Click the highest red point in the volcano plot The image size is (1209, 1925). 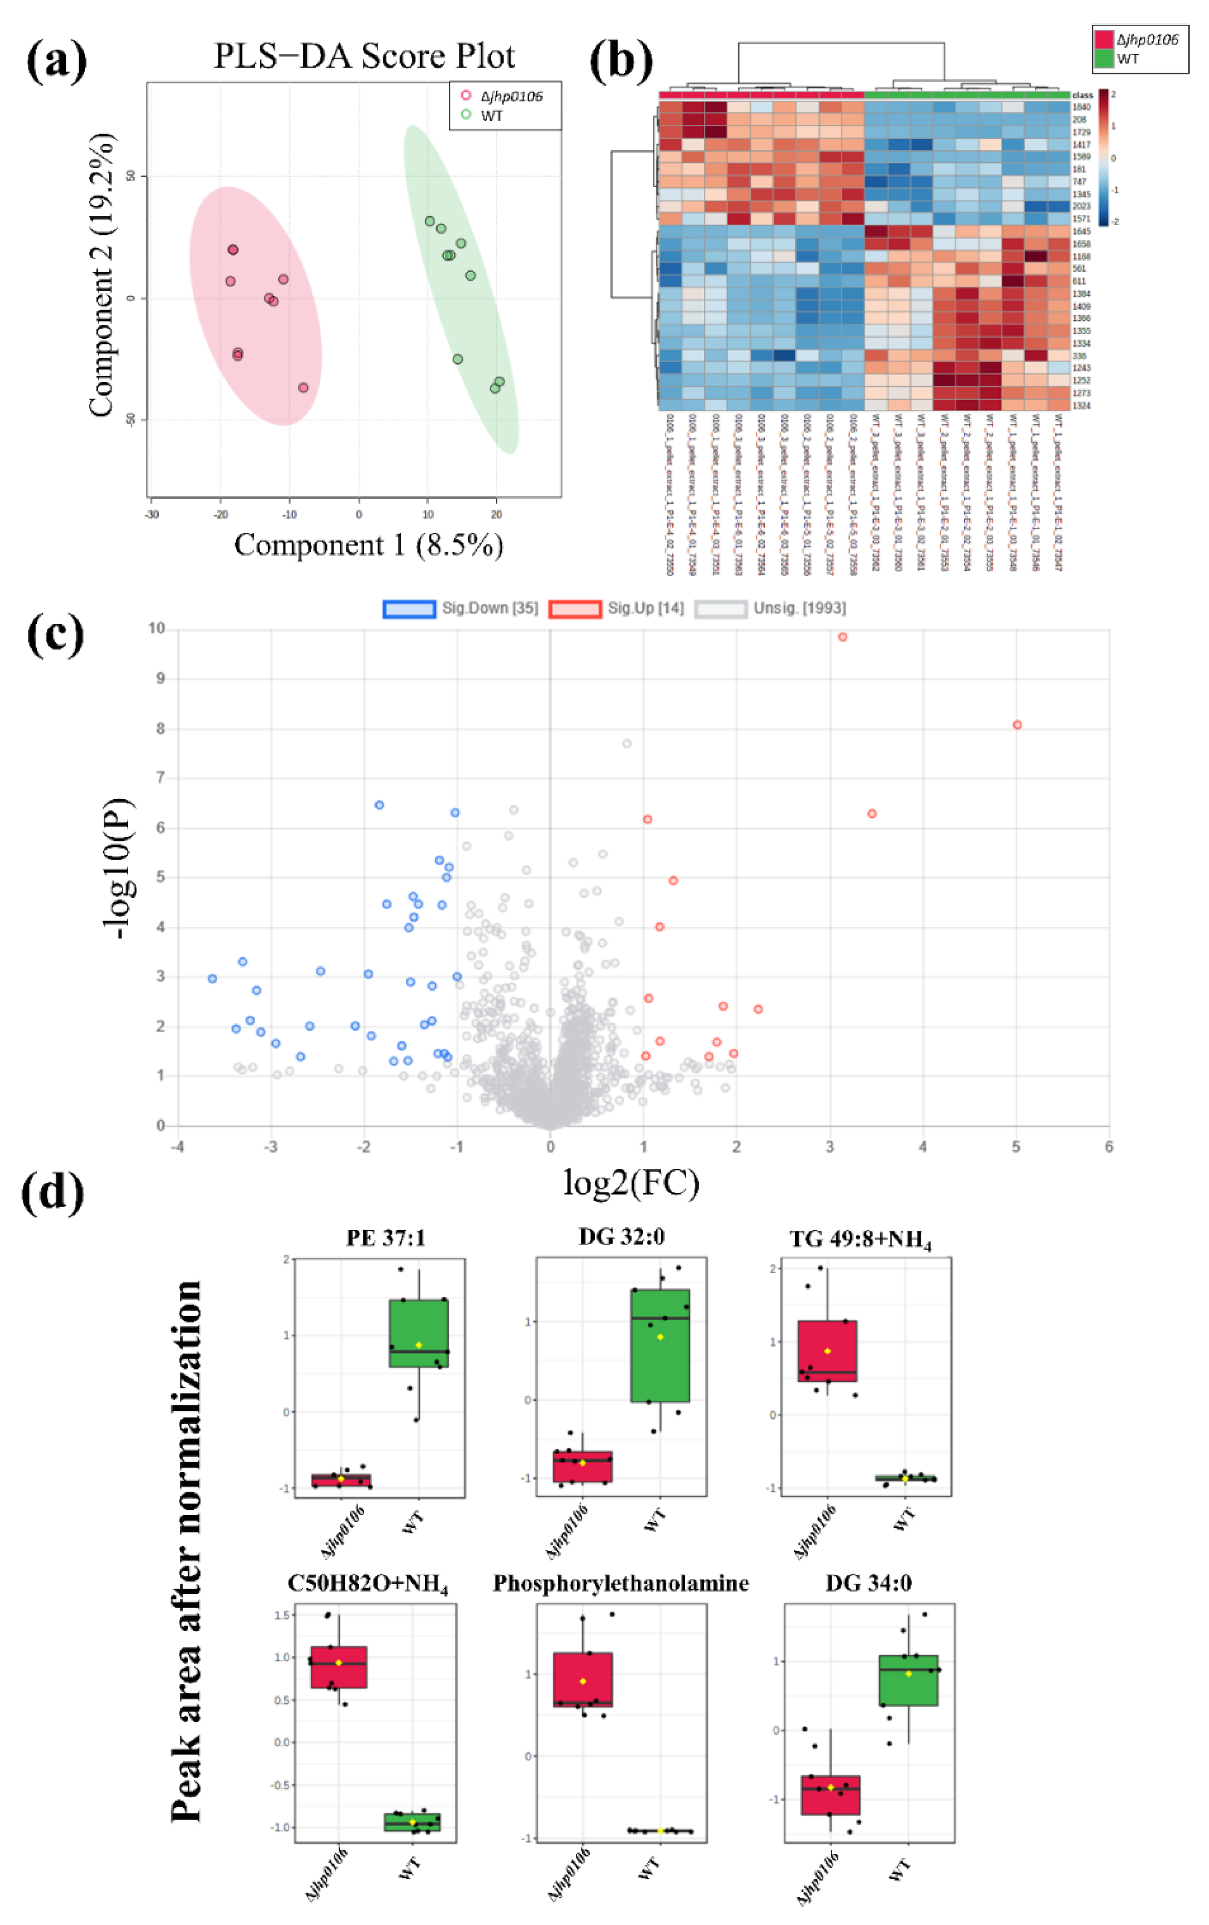point(842,637)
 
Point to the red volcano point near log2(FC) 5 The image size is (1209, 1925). point(1017,725)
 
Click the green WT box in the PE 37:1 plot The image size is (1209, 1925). point(418,1334)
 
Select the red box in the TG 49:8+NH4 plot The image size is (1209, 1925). point(827,1351)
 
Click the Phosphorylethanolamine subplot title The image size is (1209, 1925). point(621,1583)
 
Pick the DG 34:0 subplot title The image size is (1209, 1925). point(868,1583)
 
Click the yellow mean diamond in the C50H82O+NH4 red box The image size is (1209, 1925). point(339,1663)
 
